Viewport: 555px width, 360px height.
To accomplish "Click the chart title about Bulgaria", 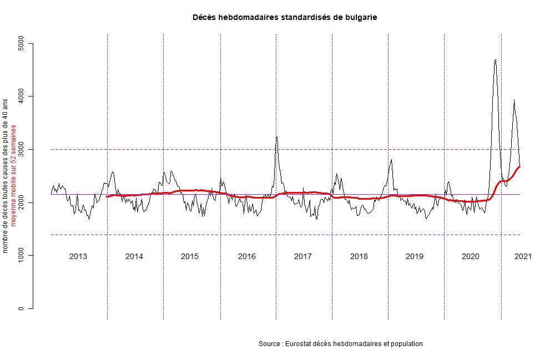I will tap(285, 17).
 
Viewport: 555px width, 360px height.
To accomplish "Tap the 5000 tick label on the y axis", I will tap(22, 43).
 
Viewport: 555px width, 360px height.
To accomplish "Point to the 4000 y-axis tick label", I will tap(22, 97).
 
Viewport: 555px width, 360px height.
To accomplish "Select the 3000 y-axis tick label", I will tap(22, 150).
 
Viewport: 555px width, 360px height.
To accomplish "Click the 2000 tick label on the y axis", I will tap(22, 202).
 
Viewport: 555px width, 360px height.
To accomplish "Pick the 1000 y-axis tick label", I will tap(22, 256).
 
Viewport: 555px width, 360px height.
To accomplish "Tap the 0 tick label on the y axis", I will tap(22, 308).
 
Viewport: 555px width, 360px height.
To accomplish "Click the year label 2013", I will tap(78, 256).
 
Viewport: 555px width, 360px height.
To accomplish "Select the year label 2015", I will tap(190, 256).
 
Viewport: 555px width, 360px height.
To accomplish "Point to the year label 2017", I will tap(302, 256).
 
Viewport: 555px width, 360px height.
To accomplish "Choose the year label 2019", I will tap(415, 256).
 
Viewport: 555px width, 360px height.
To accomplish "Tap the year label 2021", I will tap(523, 256).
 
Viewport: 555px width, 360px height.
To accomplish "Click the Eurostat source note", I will tap(341, 344).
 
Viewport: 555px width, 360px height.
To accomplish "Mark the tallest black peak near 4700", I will tap(495, 60).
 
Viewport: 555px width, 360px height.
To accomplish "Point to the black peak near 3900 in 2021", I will tap(514, 100).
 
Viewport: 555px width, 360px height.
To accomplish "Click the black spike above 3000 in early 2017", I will tap(276, 137).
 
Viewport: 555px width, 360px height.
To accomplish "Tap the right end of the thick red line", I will tap(519, 166).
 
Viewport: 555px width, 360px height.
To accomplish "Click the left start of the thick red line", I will tap(107, 196).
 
